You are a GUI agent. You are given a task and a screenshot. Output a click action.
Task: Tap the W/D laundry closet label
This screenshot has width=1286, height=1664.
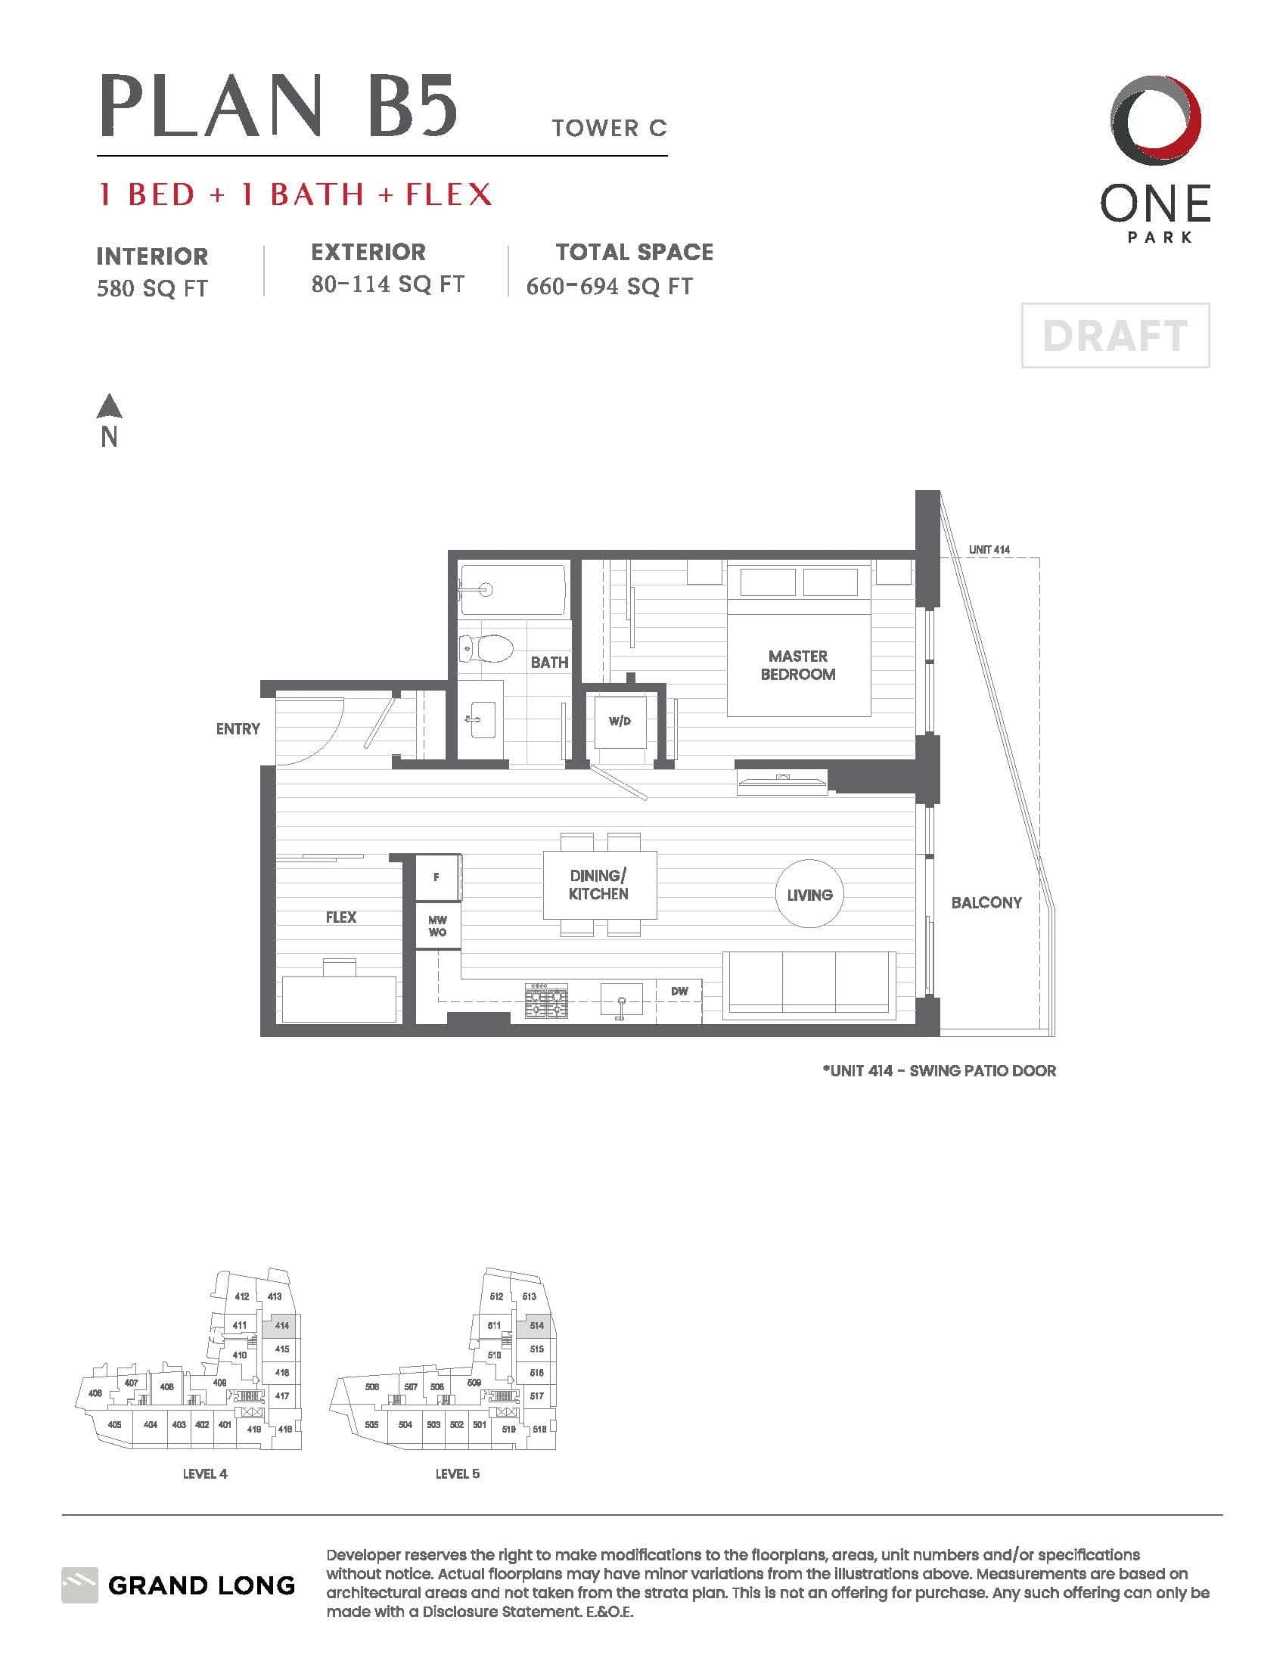coord(620,721)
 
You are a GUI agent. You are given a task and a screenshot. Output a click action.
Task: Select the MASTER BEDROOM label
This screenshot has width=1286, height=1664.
coord(797,664)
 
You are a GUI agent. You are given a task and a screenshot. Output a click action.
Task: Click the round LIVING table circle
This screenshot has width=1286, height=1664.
coord(809,894)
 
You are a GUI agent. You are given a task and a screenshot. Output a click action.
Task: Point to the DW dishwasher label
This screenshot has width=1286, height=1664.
coord(679,992)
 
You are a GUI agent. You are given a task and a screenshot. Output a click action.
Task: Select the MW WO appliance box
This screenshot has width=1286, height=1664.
coord(438,926)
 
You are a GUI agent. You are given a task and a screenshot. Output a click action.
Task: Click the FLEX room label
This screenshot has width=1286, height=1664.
coord(340,917)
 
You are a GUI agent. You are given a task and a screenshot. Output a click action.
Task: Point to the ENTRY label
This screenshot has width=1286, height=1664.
coord(238,728)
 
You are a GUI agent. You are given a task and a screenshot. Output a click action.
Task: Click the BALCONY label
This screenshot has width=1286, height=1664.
coord(986,902)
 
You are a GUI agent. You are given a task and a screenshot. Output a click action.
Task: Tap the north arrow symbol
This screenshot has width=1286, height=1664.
coord(110,406)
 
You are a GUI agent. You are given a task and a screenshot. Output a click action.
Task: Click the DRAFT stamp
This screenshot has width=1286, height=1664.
coord(1115,335)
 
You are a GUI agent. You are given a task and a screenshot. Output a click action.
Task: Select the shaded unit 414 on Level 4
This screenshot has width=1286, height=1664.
coord(281,1325)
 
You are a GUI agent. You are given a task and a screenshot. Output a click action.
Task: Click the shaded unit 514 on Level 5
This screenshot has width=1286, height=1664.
coord(536,1325)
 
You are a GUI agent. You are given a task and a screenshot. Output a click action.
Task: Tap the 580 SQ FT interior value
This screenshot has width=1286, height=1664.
coord(151,288)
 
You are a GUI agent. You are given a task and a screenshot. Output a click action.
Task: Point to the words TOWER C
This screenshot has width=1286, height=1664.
coord(610,127)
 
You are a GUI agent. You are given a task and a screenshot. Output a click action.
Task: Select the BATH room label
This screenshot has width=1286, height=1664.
coord(549,662)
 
